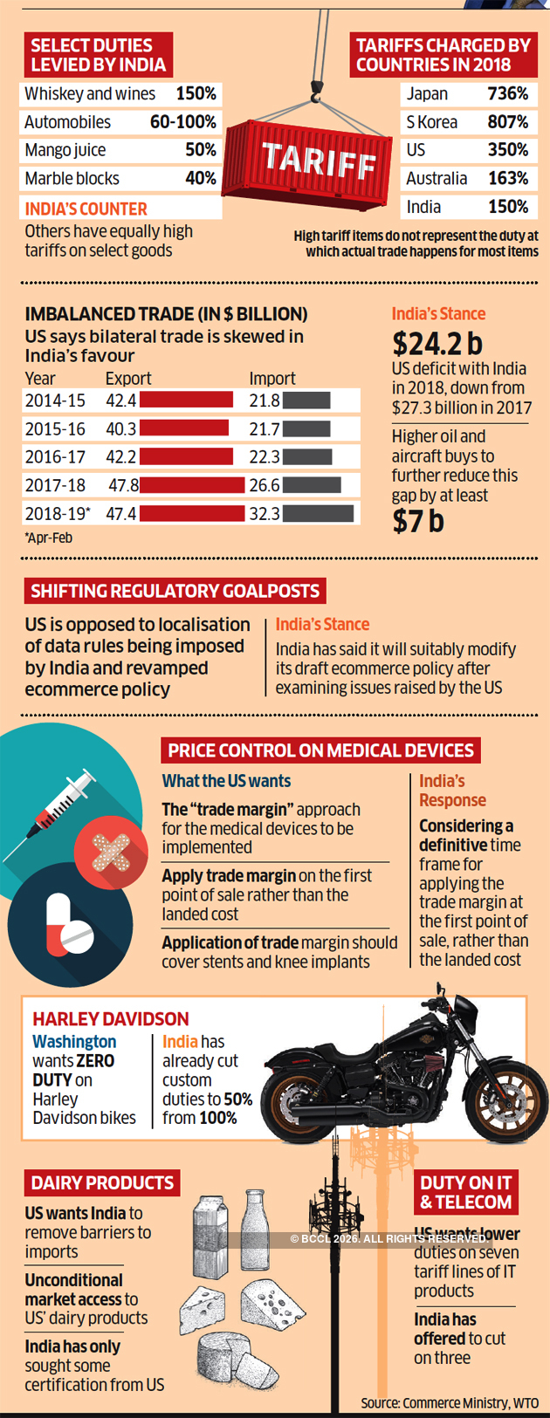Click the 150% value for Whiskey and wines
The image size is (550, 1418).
196,93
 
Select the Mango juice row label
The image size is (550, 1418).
65,150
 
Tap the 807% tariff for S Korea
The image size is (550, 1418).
507,122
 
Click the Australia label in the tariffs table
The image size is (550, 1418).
437,178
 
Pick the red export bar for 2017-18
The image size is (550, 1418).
191,485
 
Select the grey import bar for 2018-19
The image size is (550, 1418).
318,513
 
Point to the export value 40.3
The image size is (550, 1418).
120,428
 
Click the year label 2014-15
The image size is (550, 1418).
55,401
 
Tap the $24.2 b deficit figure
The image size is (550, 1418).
437,343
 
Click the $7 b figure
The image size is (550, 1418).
418,521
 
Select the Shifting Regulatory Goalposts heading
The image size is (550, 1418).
175,591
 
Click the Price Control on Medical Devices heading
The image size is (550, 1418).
320,750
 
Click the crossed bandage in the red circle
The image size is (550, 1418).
111,852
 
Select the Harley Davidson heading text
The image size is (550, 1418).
111,1018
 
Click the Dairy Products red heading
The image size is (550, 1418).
102,1183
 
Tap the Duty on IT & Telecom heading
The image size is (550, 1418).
465,1192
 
